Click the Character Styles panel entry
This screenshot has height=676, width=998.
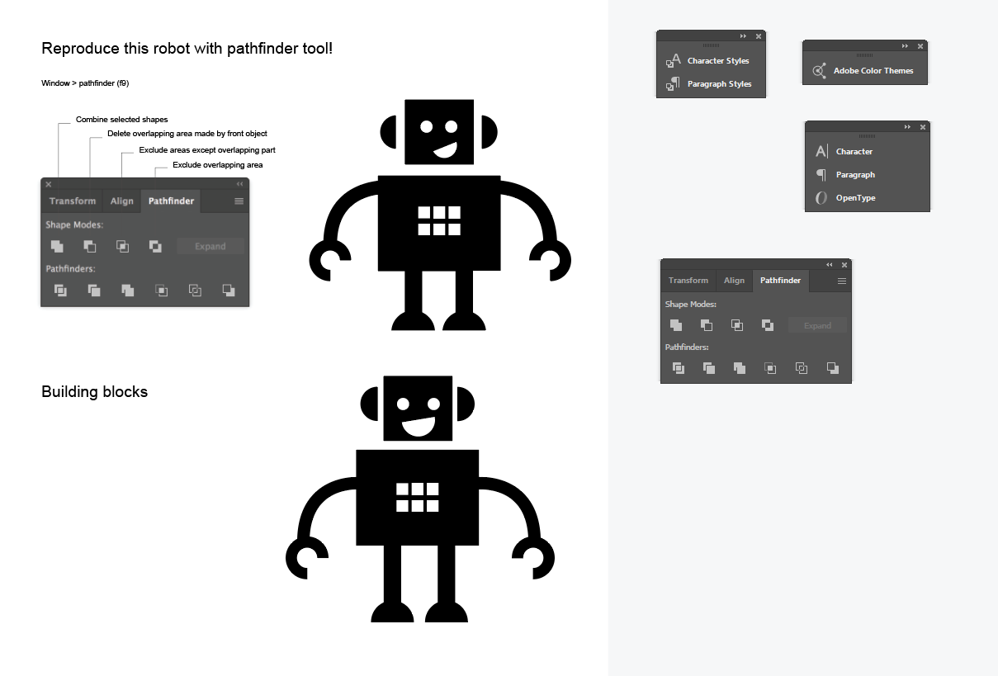[x=708, y=60]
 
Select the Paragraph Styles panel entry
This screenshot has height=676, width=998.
[x=709, y=83]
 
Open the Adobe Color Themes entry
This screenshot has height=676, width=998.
[x=863, y=70]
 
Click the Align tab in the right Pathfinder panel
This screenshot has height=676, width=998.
[x=734, y=281]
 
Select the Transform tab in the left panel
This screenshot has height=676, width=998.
[x=72, y=201]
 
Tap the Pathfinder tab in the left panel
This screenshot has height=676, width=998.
[x=171, y=201]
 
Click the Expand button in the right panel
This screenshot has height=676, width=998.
[x=817, y=326]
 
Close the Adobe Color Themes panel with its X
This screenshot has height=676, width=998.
[x=920, y=46]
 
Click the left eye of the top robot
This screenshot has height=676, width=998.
[x=427, y=126]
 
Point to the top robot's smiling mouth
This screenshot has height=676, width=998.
[x=446, y=150]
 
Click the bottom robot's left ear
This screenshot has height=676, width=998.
[x=369, y=404]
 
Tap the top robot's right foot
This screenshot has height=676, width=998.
[x=464, y=322]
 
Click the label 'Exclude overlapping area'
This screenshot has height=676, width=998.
[x=217, y=165]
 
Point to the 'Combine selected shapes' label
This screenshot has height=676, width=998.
[x=121, y=120]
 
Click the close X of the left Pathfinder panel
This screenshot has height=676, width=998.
[x=49, y=184]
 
